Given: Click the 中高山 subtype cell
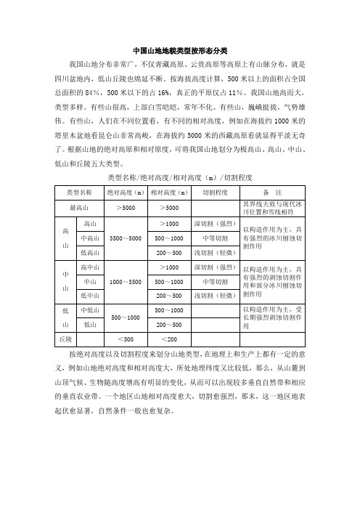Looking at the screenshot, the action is (x=91, y=238).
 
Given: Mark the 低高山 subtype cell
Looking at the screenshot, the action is (x=91, y=254).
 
